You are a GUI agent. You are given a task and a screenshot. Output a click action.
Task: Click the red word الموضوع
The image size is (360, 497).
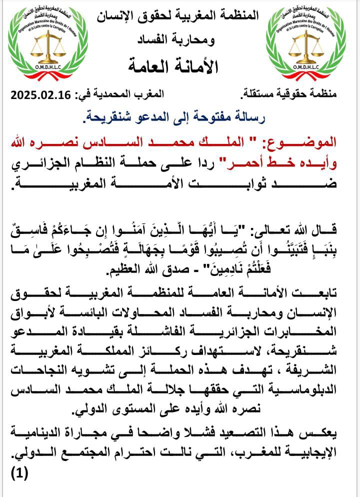tap(312, 143)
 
